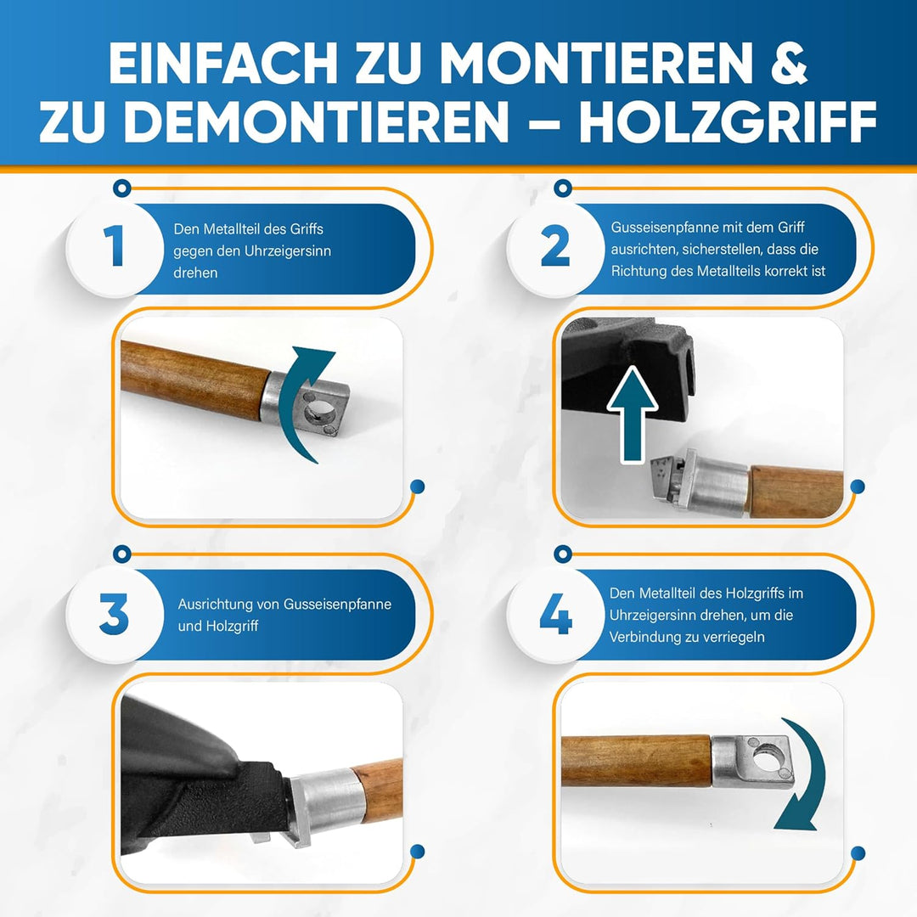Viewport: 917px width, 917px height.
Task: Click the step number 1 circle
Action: (115, 249)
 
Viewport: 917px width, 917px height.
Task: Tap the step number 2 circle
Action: (555, 249)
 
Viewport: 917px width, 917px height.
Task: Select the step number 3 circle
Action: (115, 615)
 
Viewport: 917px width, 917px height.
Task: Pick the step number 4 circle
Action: (555, 615)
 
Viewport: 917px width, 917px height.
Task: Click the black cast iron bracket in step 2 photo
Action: (628, 357)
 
